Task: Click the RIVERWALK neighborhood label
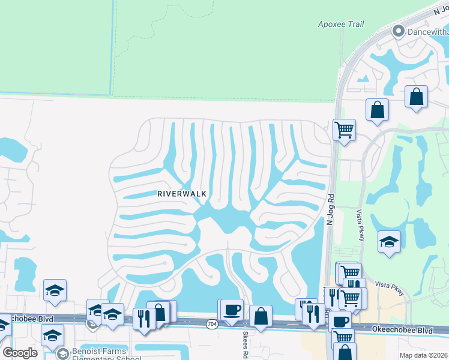tap(182, 194)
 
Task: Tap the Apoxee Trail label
tap(341, 25)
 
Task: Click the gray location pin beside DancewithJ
tap(397, 30)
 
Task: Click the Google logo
tap(19, 353)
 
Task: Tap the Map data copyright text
tap(424, 355)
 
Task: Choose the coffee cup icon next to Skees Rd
tap(232, 310)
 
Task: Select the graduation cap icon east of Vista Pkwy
tap(389, 242)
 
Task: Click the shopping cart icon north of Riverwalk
tap(344, 129)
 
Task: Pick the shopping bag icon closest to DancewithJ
tap(416, 96)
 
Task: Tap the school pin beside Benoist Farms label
tap(62, 354)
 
